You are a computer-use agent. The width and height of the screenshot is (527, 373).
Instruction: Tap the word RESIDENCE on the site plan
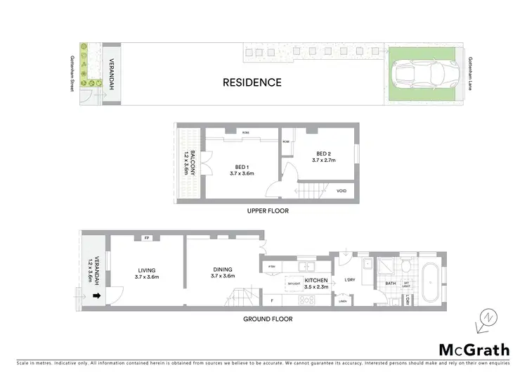pos(252,82)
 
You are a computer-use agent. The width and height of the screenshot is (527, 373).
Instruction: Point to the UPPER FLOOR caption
pos(268,210)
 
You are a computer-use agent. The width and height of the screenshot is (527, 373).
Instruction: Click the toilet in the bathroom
pos(406,266)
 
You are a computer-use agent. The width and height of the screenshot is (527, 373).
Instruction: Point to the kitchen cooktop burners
pos(308,300)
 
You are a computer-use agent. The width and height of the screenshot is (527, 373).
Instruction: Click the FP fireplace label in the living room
pos(147,238)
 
